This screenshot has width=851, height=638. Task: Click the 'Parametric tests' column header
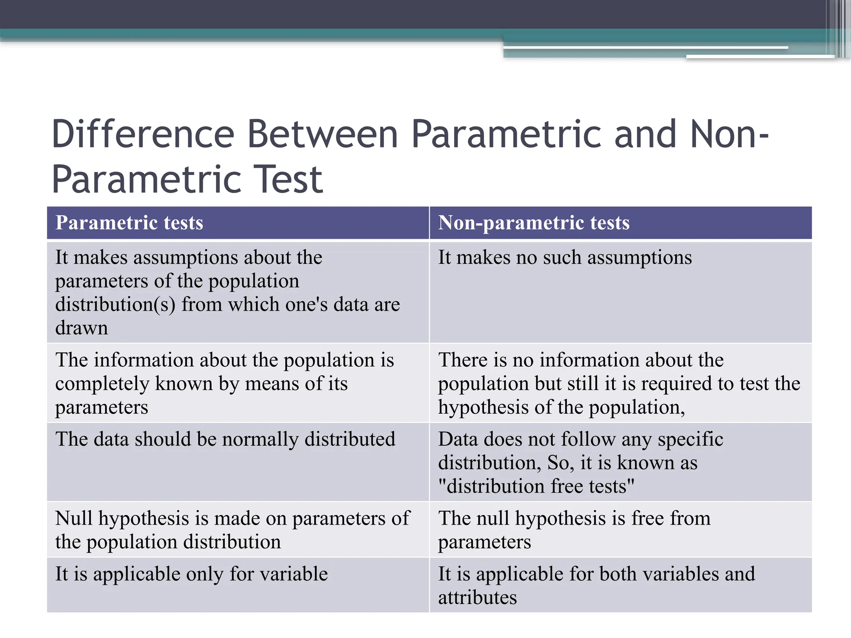pyautogui.click(x=129, y=223)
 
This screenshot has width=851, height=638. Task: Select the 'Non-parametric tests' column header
pyautogui.click(x=534, y=223)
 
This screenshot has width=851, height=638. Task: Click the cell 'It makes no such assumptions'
pyautogui.click(x=565, y=258)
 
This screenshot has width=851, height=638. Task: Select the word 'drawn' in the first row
pyautogui.click(x=81, y=328)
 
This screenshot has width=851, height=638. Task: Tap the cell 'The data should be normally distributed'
pyautogui.click(x=225, y=439)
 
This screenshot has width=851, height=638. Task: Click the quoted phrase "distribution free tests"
pyautogui.click(x=536, y=486)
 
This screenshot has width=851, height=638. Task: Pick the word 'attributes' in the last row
pyautogui.click(x=477, y=598)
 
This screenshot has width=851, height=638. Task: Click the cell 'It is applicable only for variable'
pyautogui.click(x=192, y=574)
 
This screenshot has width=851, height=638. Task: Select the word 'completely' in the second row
pyautogui.click(x=102, y=384)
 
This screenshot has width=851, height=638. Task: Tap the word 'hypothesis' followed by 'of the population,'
pyautogui.click(x=483, y=408)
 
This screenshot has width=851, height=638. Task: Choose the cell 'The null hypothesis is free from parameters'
pyautogui.click(x=574, y=530)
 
